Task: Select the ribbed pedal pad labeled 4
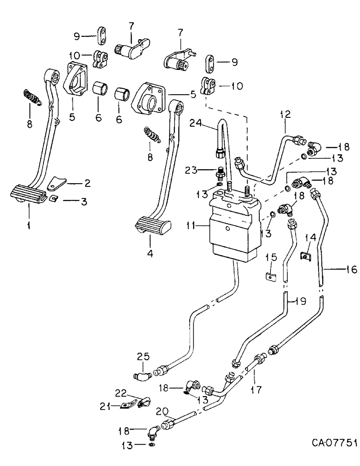point(151,227)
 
